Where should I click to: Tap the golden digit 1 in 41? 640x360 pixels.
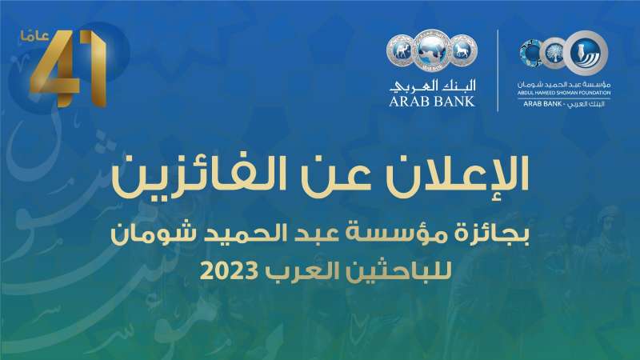tap(94, 69)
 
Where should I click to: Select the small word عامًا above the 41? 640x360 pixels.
tap(34, 36)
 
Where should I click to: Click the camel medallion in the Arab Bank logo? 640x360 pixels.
tap(400, 50)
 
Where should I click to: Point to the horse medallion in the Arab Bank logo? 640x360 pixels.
tap(464, 50)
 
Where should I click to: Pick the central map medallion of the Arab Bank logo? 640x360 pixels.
tap(432, 50)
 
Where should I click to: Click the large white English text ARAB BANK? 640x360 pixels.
tap(432, 102)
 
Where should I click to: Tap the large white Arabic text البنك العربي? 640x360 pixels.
tap(433, 85)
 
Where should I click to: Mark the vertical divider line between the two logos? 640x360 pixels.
tap(498, 70)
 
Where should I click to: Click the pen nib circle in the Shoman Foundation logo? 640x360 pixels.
tap(587, 53)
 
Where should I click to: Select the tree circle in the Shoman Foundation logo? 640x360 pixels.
tap(554, 53)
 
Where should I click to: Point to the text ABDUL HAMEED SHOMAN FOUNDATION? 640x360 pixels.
tap(564, 93)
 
